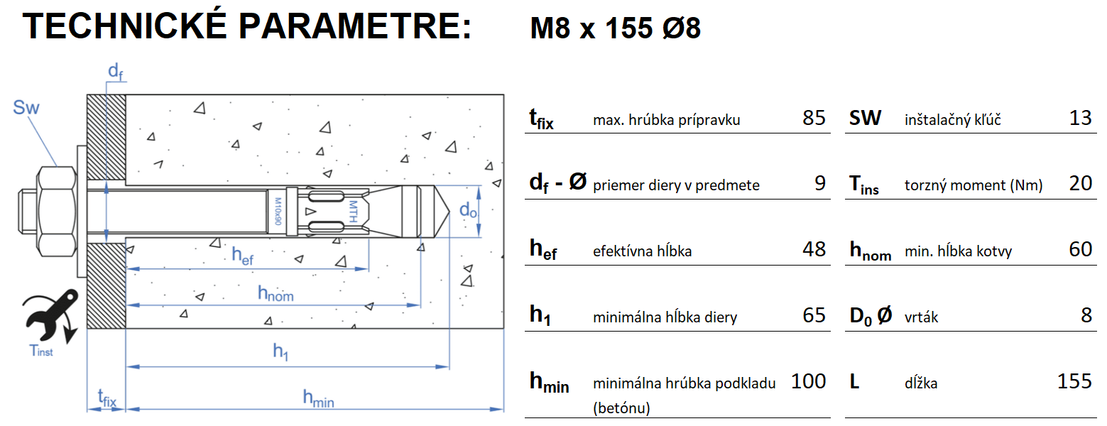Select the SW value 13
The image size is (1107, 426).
[1080, 118]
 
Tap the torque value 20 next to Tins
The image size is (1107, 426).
[1080, 184]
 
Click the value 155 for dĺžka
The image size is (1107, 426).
[1074, 381]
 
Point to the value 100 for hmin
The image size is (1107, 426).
[808, 381]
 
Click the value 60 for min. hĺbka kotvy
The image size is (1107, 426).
[1080, 249]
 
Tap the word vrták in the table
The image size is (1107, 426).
[921, 317]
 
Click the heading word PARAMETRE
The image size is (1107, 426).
[354, 26]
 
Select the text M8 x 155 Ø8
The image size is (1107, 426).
[616, 28]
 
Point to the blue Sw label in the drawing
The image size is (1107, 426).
[26, 108]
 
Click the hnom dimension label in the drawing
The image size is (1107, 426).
[276, 293]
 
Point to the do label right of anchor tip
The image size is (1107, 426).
[468, 210]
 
